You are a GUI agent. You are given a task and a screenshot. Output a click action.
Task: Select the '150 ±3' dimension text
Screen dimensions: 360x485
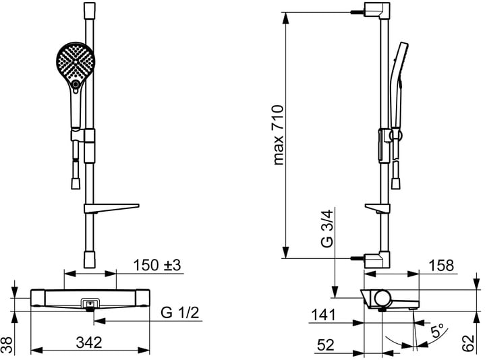[159, 265]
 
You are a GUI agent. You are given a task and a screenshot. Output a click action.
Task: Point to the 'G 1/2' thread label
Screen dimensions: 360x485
[179, 313]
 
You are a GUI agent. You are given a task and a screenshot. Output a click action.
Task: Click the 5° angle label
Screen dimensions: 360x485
[438, 331]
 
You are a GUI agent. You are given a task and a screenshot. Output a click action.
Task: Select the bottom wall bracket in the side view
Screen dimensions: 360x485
[376, 258]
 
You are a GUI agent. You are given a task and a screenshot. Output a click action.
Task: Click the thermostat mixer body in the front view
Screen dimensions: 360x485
[88, 297]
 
